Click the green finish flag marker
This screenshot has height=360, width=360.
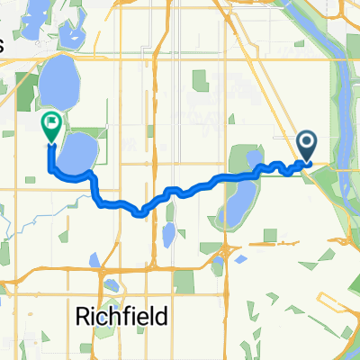(51, 126)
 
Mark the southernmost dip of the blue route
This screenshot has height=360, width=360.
(139, 213)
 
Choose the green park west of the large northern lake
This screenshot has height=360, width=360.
(27, 90)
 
